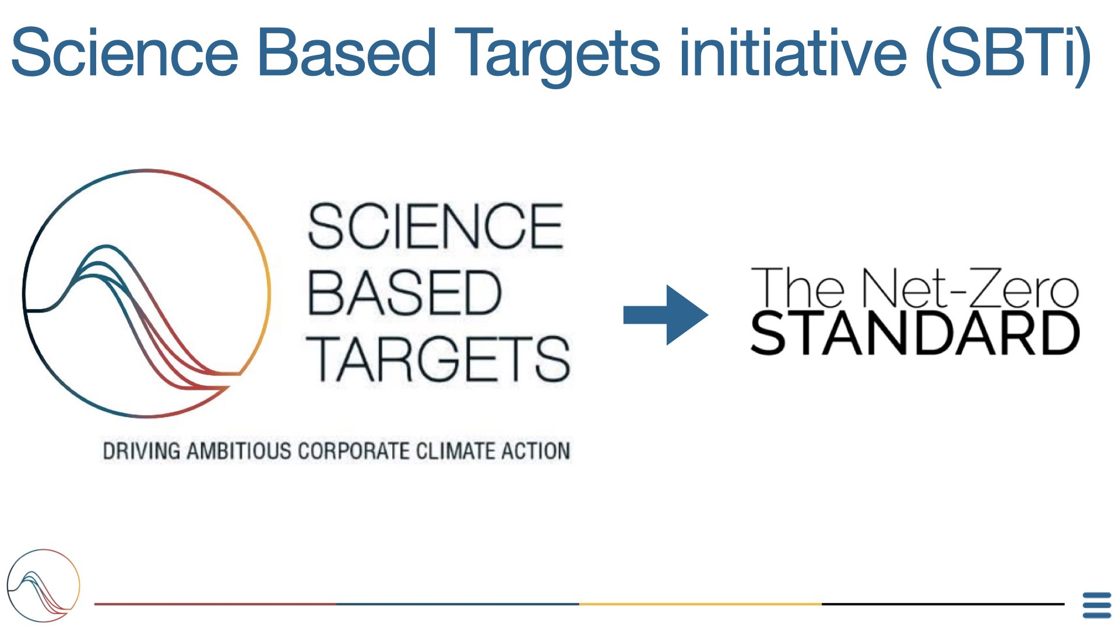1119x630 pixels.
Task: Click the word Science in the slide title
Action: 125,52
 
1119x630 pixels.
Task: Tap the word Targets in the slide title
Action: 557,56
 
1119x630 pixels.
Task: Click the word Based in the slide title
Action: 347,52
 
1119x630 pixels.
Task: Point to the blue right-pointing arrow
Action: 666,315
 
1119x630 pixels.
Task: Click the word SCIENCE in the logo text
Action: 435,226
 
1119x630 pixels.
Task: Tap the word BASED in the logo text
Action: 404,293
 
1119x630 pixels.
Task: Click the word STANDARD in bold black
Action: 915,333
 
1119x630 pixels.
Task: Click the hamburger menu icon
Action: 1097,605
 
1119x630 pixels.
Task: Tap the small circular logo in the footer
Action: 43,586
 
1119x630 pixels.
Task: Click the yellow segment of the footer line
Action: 701,604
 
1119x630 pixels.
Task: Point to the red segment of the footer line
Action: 216,604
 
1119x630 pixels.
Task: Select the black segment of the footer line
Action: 943,604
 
